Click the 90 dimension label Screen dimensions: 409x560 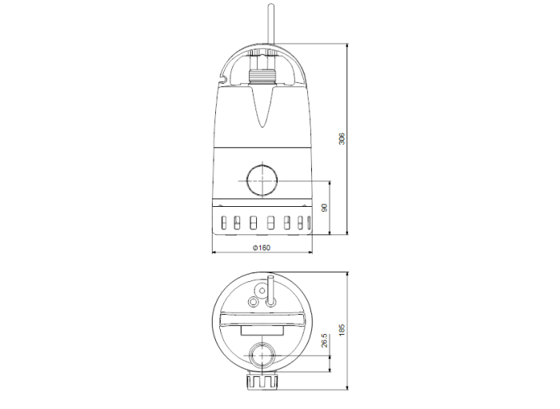tap(324, 208)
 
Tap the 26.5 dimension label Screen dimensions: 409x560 tap(324, 341)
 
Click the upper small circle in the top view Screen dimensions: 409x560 tap(259, 290)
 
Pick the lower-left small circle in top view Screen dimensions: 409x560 tap(254, 301)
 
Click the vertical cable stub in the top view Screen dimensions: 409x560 tap(270, 289)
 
